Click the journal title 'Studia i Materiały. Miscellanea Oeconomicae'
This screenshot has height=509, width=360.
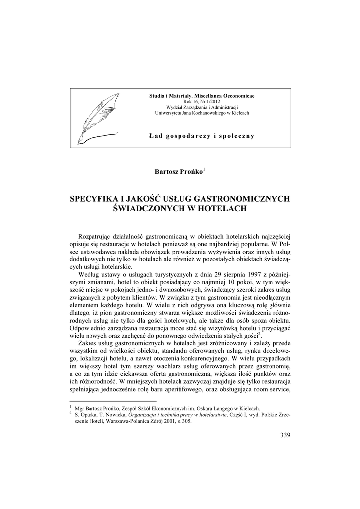click(x=201, y=95)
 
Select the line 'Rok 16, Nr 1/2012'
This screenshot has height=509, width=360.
click(x=201, y=101)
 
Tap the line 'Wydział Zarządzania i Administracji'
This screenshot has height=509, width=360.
click(x=201, y=107)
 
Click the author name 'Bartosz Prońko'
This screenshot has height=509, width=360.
click(x=178, y=172)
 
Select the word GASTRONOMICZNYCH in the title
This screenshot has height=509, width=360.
click(x=244, y=199)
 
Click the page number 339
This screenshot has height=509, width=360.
click(x=285, y=436)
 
